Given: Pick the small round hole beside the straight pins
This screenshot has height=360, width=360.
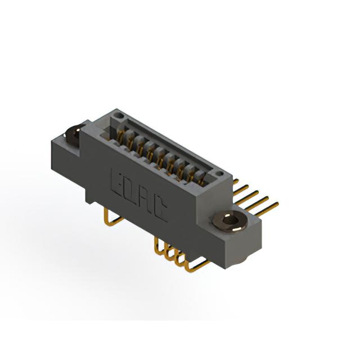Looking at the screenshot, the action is (220, 173).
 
